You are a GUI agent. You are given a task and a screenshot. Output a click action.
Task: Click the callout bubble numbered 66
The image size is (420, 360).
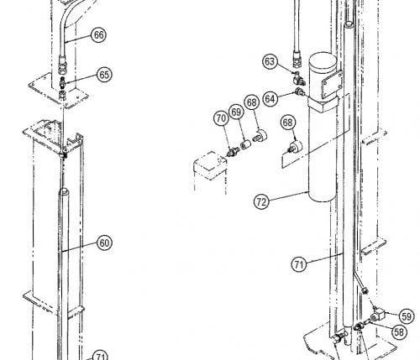(99, 35)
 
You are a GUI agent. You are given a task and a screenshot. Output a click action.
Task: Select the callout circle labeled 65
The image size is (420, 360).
(104, 75)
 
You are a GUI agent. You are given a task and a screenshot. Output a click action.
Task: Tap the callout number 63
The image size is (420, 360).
(270, 61)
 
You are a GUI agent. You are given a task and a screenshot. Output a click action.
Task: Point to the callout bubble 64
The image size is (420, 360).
(270, 99)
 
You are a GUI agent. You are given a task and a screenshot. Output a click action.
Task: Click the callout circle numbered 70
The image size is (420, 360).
(221, 118)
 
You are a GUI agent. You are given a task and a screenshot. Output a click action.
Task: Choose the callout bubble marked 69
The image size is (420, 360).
(236, 112)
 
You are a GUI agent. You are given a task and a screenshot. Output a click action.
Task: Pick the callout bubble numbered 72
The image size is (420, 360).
(261, 201)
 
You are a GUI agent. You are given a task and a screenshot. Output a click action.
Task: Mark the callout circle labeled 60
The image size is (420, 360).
(104, 243)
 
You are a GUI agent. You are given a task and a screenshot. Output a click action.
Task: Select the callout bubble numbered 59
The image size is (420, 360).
(407, 316)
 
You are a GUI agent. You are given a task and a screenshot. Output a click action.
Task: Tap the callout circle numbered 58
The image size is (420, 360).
(399, 331)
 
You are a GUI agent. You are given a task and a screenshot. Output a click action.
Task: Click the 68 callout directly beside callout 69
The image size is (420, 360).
(252, 102)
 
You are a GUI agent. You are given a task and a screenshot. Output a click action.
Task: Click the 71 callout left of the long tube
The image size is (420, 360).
(299, 264)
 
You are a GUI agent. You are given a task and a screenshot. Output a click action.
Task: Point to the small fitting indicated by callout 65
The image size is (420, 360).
(62, 83)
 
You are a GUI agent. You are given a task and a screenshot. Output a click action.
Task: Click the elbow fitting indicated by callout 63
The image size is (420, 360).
(297, 79)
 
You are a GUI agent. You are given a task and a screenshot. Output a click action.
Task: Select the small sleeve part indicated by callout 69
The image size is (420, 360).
(244, 145)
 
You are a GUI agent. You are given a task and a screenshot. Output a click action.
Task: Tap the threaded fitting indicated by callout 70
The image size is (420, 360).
(232, 152)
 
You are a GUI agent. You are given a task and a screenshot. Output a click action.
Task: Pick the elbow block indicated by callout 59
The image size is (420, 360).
(378, 314)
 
